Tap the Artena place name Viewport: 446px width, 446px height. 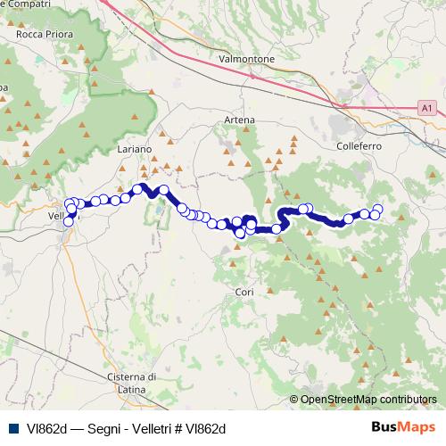[240, 120]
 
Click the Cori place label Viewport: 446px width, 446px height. [244, 292]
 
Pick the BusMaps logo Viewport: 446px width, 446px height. [403, 428]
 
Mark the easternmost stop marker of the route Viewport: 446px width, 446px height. [377, 210]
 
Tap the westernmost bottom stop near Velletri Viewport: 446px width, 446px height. [67, 222]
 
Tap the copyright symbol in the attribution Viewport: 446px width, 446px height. [295, 400]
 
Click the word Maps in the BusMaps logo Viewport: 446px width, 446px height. [417, 428]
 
